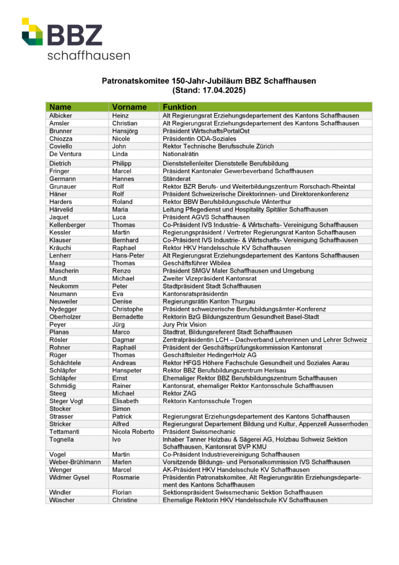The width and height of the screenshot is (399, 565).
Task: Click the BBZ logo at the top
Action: click(76, 39)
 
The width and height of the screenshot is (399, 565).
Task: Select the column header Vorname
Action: click(129, 107)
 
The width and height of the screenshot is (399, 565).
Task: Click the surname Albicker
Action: click(61, 116)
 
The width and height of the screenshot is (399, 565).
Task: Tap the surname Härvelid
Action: click(62, 210)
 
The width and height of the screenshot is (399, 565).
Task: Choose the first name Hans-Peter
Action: click(128, 256)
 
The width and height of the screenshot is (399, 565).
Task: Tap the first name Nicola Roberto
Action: click(133, 432)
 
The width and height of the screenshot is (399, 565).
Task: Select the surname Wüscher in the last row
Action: click(62, 500)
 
